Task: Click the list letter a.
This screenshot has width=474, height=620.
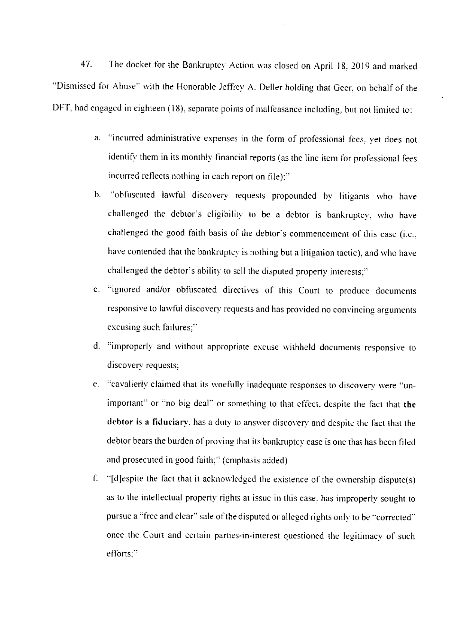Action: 97,139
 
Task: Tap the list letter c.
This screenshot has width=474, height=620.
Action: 97,290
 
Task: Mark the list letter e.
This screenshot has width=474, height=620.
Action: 97,384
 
